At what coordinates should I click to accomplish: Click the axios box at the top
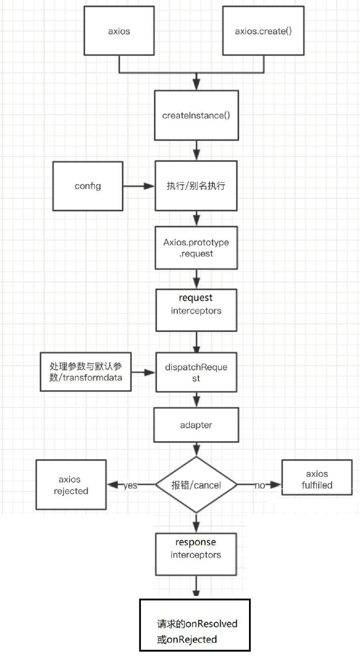tap(119, 31)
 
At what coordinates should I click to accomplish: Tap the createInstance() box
tap(196, 115)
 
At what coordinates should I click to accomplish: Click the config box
tap(88, 186)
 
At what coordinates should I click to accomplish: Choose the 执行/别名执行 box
tap(196, 186)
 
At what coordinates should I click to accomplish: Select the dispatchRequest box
tap(196, 372)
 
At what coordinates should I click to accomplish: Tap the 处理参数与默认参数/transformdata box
tap(86, 371)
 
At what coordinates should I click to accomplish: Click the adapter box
tap(196, 424)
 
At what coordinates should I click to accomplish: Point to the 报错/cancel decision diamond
tap(196, 485)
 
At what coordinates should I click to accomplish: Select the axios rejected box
tap(71, 484)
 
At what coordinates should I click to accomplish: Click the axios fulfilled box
tap(317, 480)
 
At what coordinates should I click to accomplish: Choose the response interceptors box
tap(196, 549)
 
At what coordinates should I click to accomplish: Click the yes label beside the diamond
tap(130, 485)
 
